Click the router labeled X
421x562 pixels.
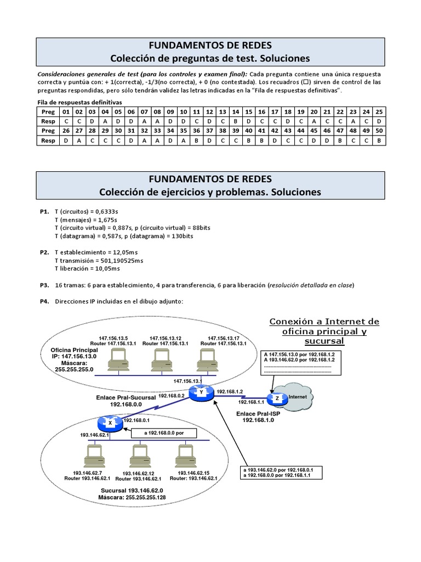(x=110, y=423)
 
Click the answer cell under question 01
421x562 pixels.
(x=66, y=120)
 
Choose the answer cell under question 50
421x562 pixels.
(x=379, y=140)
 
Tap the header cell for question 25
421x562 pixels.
(x=379, y=110)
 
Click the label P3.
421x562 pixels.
(x=44, y=285)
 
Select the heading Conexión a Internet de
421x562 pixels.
(x=325, y=322)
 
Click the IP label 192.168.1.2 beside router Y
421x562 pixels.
(x=230, y=391)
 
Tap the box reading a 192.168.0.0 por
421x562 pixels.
(x=162, y=432)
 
